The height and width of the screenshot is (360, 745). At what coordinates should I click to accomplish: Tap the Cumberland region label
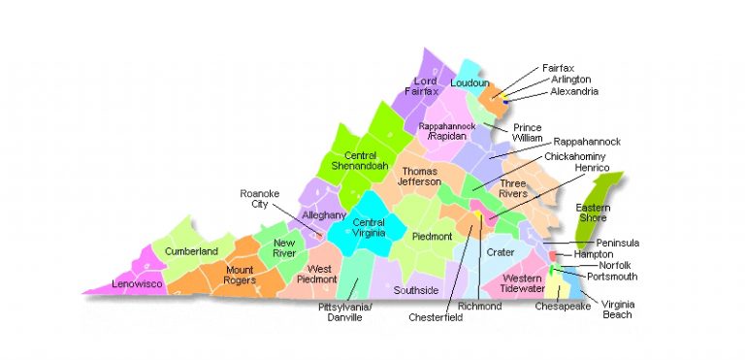pos(191,251)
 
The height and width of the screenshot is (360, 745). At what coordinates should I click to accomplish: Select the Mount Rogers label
pos(239,276)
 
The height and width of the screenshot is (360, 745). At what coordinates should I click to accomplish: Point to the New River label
pos(284,247)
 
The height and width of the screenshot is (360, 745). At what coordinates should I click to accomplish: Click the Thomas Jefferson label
pos(420,176)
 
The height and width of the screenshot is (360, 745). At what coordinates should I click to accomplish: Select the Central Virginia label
pos(361,228)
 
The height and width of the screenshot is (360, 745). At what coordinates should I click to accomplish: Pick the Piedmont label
pos(432,236)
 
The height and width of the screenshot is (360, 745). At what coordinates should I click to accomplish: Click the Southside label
pos(416,290)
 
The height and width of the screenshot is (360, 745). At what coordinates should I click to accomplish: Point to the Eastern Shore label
pos(593,213)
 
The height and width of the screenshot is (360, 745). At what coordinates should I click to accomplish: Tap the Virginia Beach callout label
pos(617,309)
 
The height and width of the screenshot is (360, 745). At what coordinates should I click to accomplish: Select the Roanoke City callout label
pos(259,199)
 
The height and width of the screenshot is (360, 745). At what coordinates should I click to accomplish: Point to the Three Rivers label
pos(513,188)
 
